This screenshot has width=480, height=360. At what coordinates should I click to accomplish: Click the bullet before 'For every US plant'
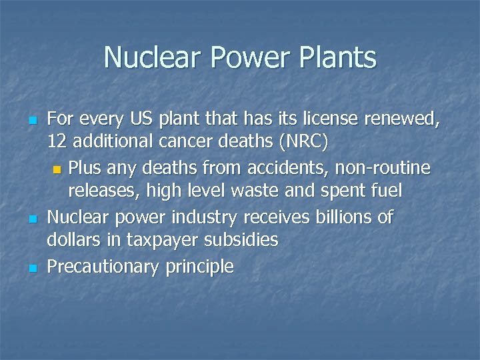[31, 121]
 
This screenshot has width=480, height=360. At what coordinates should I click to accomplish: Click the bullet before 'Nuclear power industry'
[31, 218]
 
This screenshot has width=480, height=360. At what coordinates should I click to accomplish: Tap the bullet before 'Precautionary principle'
[31, 268]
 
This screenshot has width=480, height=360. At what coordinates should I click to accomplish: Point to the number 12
[57, 143]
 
